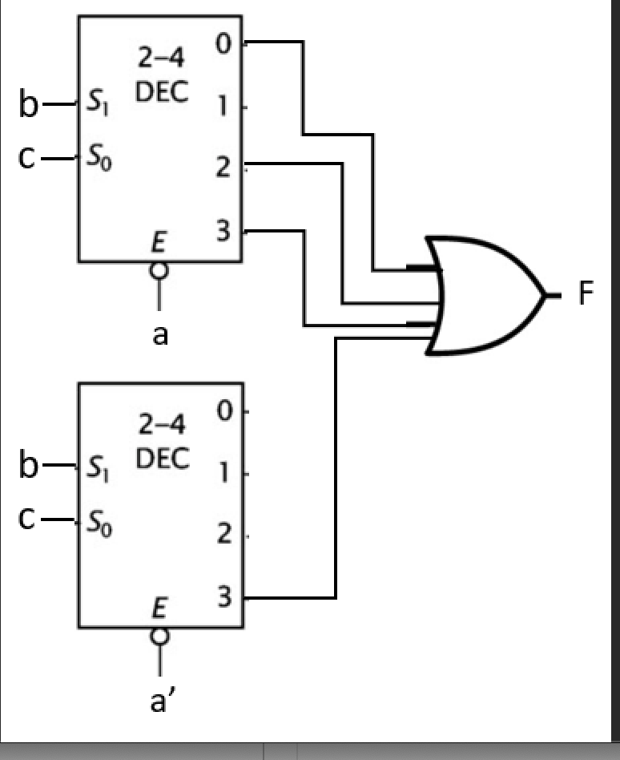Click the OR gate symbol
point(485,295)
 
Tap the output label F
point(586,294)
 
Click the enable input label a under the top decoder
point(160,334)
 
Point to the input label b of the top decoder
point(29,104)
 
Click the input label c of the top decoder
point(29,157)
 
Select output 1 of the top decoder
point(223,106)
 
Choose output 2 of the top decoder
point(223,168)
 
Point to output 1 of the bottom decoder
point(225,473)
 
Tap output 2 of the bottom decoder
point(224,536)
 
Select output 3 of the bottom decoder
point(224,598)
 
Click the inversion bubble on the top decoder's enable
point(159,271)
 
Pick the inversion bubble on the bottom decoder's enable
point(159,637)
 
